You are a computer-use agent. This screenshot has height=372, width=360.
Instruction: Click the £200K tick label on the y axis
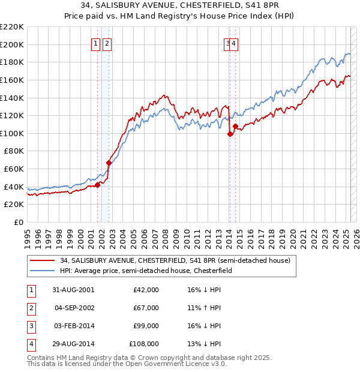12,44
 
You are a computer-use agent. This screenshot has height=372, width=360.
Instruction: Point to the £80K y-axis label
14,151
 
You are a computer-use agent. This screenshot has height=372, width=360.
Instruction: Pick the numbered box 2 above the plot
106,43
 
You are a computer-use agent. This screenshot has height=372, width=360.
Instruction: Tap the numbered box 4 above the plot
233,43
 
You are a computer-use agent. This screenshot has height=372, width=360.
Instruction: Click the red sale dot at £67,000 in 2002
109,163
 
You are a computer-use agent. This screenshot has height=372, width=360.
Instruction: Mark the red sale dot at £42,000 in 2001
98,185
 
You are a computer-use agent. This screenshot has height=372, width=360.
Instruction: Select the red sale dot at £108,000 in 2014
236,126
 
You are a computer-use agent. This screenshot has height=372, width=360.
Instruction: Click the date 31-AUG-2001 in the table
73,290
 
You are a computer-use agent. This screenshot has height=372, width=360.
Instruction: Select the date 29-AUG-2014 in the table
73,344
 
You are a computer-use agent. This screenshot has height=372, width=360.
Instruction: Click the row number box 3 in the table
30,326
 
